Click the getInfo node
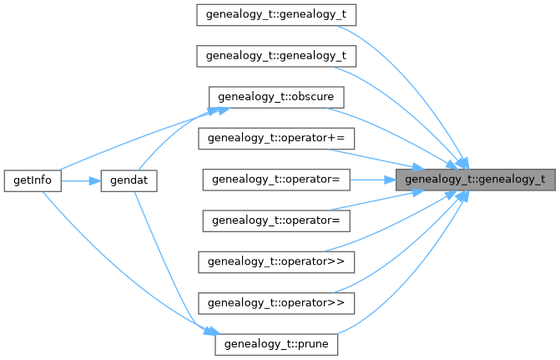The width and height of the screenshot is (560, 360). click(32, 180)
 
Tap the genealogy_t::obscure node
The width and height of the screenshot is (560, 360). click(275, 98)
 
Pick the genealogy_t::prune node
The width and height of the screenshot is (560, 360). click(275, 343)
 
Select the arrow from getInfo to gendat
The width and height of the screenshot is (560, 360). click(80, 180)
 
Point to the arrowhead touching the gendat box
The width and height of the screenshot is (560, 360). click(93, 180)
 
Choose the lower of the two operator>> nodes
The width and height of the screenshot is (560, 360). click(276, 302)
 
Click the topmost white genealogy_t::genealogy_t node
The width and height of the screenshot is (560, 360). click(276, 15)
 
